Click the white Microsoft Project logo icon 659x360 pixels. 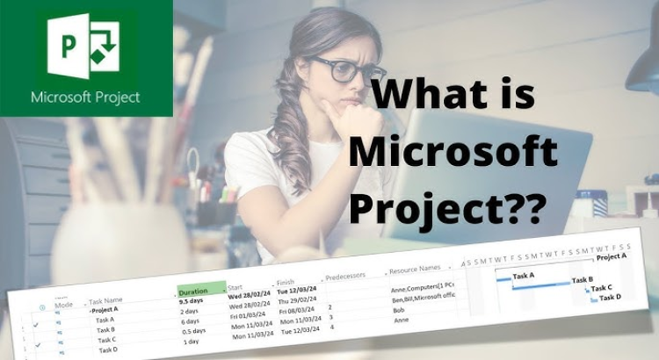[85, 46]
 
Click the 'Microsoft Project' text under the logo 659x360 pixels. [85, 97]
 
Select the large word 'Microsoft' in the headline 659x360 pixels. [453, 155]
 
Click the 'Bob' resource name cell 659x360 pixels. [401, 311]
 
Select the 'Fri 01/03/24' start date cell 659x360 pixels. [248, 314]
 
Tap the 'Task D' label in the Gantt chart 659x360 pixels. [610, 297]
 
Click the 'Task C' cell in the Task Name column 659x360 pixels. [106, 340]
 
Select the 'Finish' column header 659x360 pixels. [285, 283]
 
